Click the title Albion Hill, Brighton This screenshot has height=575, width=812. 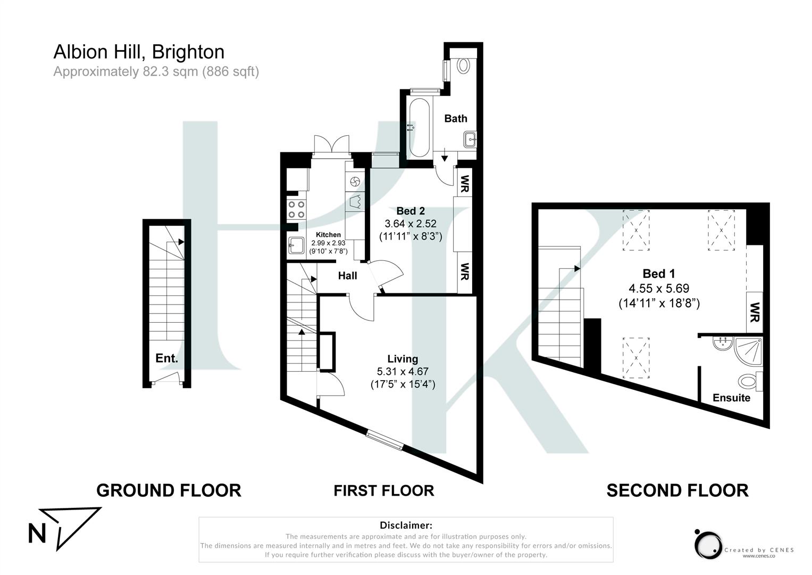(x=139, y=52)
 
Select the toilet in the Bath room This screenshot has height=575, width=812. (x=464, y=65)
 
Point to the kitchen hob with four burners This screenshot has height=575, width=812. (x=296, y=209)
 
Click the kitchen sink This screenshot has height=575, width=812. (x=296, y=245)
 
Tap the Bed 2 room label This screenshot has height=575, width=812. (x=410, y=211)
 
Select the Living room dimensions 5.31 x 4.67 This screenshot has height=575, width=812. (x=403, y=372)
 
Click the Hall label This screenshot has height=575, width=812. (x=347, y=276)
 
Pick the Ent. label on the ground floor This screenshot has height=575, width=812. (x=166, y=358)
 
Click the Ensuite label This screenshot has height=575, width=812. (x=731, y=398)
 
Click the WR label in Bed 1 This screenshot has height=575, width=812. (x=754, y=312)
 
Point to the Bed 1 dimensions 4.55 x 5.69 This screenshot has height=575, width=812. (x=659, y=289)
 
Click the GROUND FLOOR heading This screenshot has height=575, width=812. (x=169, y=490)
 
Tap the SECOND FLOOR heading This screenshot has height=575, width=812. (x=677, y=490)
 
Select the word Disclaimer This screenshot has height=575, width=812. (x=406, y=525)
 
